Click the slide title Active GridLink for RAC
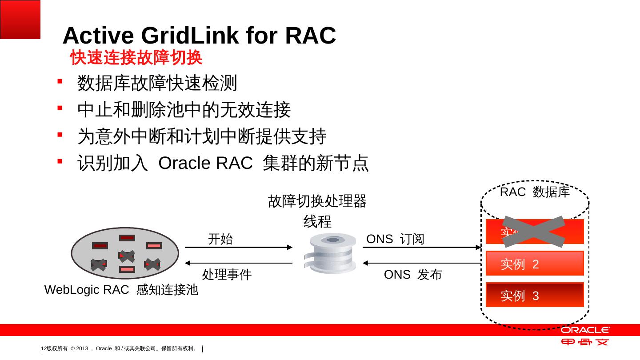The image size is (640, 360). (x=199, y=36)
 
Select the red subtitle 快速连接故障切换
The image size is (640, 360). (x=136, y=58)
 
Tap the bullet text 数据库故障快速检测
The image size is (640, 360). (x=157, y=83)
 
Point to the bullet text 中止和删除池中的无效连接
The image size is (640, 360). (x=184, y=110)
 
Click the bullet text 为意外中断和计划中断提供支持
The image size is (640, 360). (x=202, y=136)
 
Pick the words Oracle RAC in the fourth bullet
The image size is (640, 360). (x=205, y=164)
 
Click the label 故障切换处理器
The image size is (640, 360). (x=317, y=201)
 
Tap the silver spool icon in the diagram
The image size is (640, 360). (x=329, y=253)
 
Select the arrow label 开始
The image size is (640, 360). (x=220, y=240)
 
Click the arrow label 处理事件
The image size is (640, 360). (x=227, y=275)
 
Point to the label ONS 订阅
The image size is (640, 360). (x=395, y=240)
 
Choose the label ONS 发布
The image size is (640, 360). (x=413, y=275)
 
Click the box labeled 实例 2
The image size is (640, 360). (x=534, y=264)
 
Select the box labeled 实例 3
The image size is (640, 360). (x=534, y=295)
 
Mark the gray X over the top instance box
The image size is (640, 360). (x=533, y=232)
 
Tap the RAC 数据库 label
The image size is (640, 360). (x=535, y=192)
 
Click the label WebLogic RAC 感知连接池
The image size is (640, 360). (x=121, y=290)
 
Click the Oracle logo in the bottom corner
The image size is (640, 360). (x=585, y=330)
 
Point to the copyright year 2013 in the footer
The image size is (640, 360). (x=83, y=348)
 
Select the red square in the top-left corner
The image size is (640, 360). (x=20, y=19)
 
